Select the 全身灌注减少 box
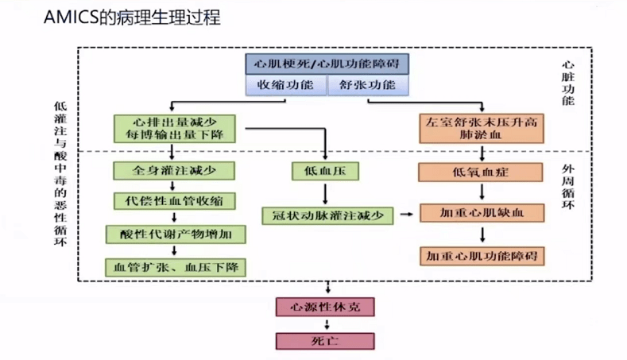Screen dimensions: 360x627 [x=173, y=170]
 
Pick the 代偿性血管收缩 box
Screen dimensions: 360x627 [x=173, y=199]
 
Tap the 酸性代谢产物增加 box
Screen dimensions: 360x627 [x=176, y=234]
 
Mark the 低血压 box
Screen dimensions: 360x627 [x=326, y=170]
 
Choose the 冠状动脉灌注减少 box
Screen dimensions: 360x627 [x=327, y=215]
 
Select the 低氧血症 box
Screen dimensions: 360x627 [x=482, y=172]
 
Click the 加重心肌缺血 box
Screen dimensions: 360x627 [x=482, y=213]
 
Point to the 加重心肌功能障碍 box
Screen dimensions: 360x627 [x=482, y=256]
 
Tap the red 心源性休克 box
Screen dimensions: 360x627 [x=323, y=307]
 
